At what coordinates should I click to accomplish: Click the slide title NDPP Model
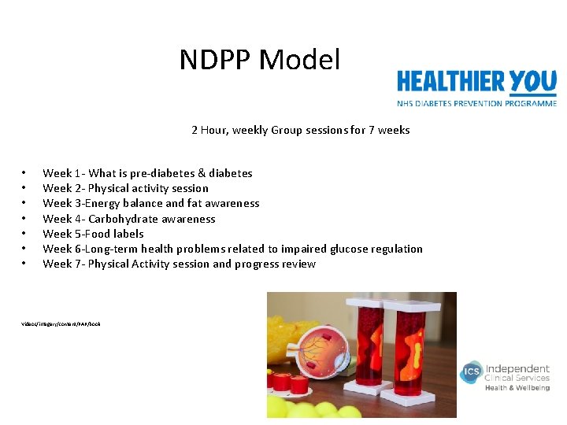tap(260, 60)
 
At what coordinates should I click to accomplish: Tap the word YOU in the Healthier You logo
tap(533, 81)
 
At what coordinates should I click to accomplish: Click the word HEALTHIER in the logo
tap(451, 82)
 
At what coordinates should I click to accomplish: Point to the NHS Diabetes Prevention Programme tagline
tap(476, 102)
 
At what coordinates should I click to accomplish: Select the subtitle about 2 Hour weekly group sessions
tap(300, 130)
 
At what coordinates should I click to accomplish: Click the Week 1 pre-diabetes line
tap(147, 173)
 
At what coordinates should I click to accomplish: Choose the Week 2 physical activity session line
tap(125, 188)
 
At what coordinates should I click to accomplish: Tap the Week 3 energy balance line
tap(150, 203)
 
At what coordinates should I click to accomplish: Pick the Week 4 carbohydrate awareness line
tap(128, 219)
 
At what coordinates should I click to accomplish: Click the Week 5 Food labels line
tap(93, 234)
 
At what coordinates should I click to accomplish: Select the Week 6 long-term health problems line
tap(232, 249)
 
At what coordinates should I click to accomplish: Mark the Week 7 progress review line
tap(179, 264)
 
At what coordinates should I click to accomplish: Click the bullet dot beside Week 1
tap(24, 173)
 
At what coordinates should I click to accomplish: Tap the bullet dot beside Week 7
tap(24, 264)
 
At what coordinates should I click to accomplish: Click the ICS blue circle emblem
tap(471, 371)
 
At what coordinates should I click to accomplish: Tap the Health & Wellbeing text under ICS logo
tap(517, 388)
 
